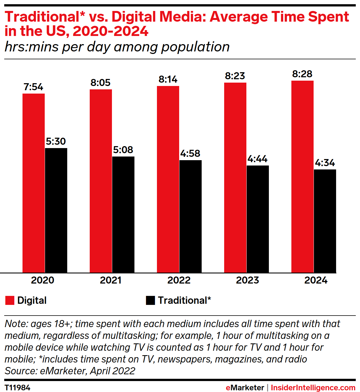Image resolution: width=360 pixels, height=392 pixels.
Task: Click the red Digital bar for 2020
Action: pyautogui.click(x=33, y=183)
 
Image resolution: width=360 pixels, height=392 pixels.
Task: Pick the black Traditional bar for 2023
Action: pyautogui.click(x=258, y=219)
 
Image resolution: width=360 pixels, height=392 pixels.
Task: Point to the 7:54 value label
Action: pyautogui.click(x=33, y=87)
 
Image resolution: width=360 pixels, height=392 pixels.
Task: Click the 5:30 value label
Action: pyautogui.click(x=56, y=141)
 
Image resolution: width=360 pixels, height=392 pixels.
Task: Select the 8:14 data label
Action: pyautogui.click(x=168, y=80)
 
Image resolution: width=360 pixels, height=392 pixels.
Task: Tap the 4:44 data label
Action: pyautogui.click(x=258, y=159)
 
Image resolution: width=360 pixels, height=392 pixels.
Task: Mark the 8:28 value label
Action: pyautogui.click(x=302, y=74)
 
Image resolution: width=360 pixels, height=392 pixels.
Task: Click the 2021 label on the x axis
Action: pyautogui.click(x=111, y=280)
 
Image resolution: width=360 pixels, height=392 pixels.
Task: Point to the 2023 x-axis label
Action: pyautogui.click(x=247, y=280)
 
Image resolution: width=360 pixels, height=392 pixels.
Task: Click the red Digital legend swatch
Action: pyautogui.click(x=10, y=300)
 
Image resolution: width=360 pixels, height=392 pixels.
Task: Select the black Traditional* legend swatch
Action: pyautogui.click(x=150, y=300)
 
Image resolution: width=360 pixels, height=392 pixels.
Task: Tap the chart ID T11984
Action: pyautogui.click(x=17, y=388)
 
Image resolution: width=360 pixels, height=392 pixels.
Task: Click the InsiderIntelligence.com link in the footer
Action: pyautogui.click(x=313, y=388)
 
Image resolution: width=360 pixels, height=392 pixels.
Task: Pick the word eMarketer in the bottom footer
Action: pyautogui.click(x=245, y=388)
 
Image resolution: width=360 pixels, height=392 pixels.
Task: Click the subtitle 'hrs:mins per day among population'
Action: pyautogui.click(x=117, y=47)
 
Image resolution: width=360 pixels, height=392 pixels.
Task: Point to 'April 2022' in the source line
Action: pyautogui.click(x=112, y=371)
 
